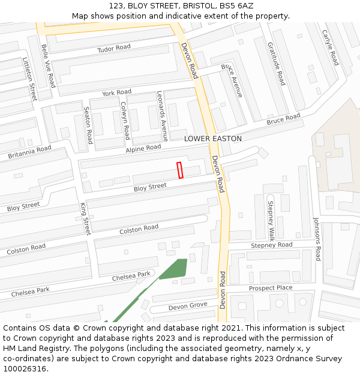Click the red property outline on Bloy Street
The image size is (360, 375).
click(x=180, y=170)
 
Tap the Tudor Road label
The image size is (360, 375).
click(x=114, y=48)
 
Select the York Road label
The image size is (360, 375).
click(x=116, y=93)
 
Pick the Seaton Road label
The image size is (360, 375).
click(x=88, y=125)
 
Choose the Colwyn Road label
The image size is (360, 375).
click(x=125, y=120)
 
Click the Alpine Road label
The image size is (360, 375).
click(x=143, y=148)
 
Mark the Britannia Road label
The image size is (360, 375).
click(x=30, y=152)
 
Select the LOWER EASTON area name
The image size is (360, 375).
click(x=213, y=139)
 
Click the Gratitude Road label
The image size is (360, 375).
click(x=275, y=64)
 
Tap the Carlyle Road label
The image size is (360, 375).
click(x=330, y=47)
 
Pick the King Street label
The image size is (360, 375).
click(x=85, y=218)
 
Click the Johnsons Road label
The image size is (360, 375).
click(x=317, y=239)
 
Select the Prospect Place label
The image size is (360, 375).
click(x=271, y=288)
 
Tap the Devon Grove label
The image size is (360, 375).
click(x=187, y=307)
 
